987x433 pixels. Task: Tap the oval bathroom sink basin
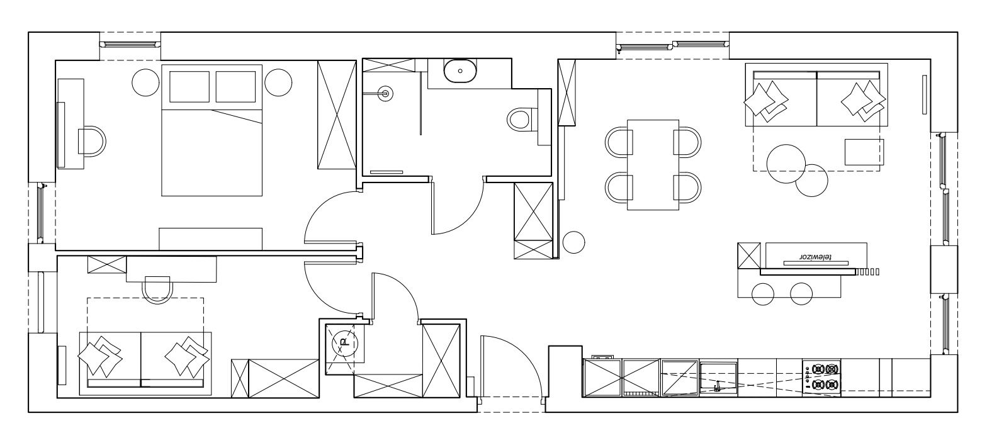pyautogui.click(x=460, y=71)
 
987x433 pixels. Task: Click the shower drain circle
pyautogui.click(x=386, y=93)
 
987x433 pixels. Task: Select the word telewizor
pyautogui.click(x=815, y=256)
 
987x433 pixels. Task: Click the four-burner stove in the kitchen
pyautogui.click(x=821, y=376)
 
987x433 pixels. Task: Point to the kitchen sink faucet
pyautogui.click(x=718, y=386)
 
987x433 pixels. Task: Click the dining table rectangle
pyautogui.click(x=653, y=165)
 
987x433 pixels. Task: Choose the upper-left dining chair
pyautogui.click(x=619, y=142)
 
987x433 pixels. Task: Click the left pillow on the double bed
pyautogui.click(x=189, y=87)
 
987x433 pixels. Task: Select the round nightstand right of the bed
pyautogui.click(x=278, y=82)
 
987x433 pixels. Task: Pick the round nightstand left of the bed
pyautogui.click(x=146, y=82)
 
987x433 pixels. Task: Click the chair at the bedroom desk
pyautogui.click(x=92, y=142)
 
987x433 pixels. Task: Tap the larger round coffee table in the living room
pyautogui.click(x=786, y=164)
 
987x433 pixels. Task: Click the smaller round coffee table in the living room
pyautogui.click(x=811, y=181)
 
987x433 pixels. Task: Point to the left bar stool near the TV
pyautogui.click(x=763, y=295)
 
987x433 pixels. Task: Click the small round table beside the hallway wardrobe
pyautogui.click(x=573, y=242)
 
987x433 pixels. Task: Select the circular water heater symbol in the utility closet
pyautogui.click(x=344, y=343)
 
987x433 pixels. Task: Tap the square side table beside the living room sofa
pyautogui.click(x=864, y=152)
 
